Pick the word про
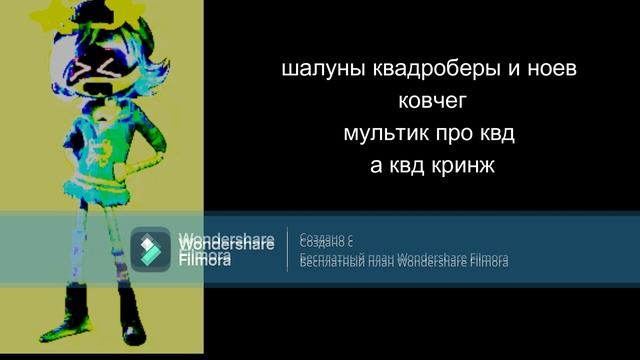[x=450, y=133]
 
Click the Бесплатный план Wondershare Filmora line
[x=404, y=261]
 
